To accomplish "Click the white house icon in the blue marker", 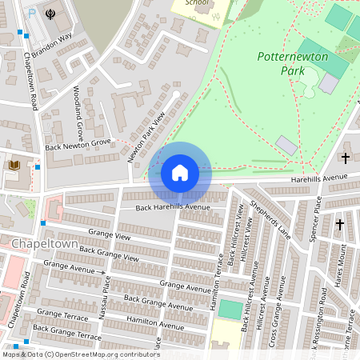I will pyautogui.click(x=180, y=173).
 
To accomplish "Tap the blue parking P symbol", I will pyautogui.click(x=31, y=14).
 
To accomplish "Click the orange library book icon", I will pyautogui.click(x=14, y=165).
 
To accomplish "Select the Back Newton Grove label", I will pyautogui.click(x=78, y=144).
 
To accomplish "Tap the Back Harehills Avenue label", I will pyautogui.click(x=172, y=207).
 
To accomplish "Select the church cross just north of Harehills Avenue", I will pyautogui.click(x=346, y=158).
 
